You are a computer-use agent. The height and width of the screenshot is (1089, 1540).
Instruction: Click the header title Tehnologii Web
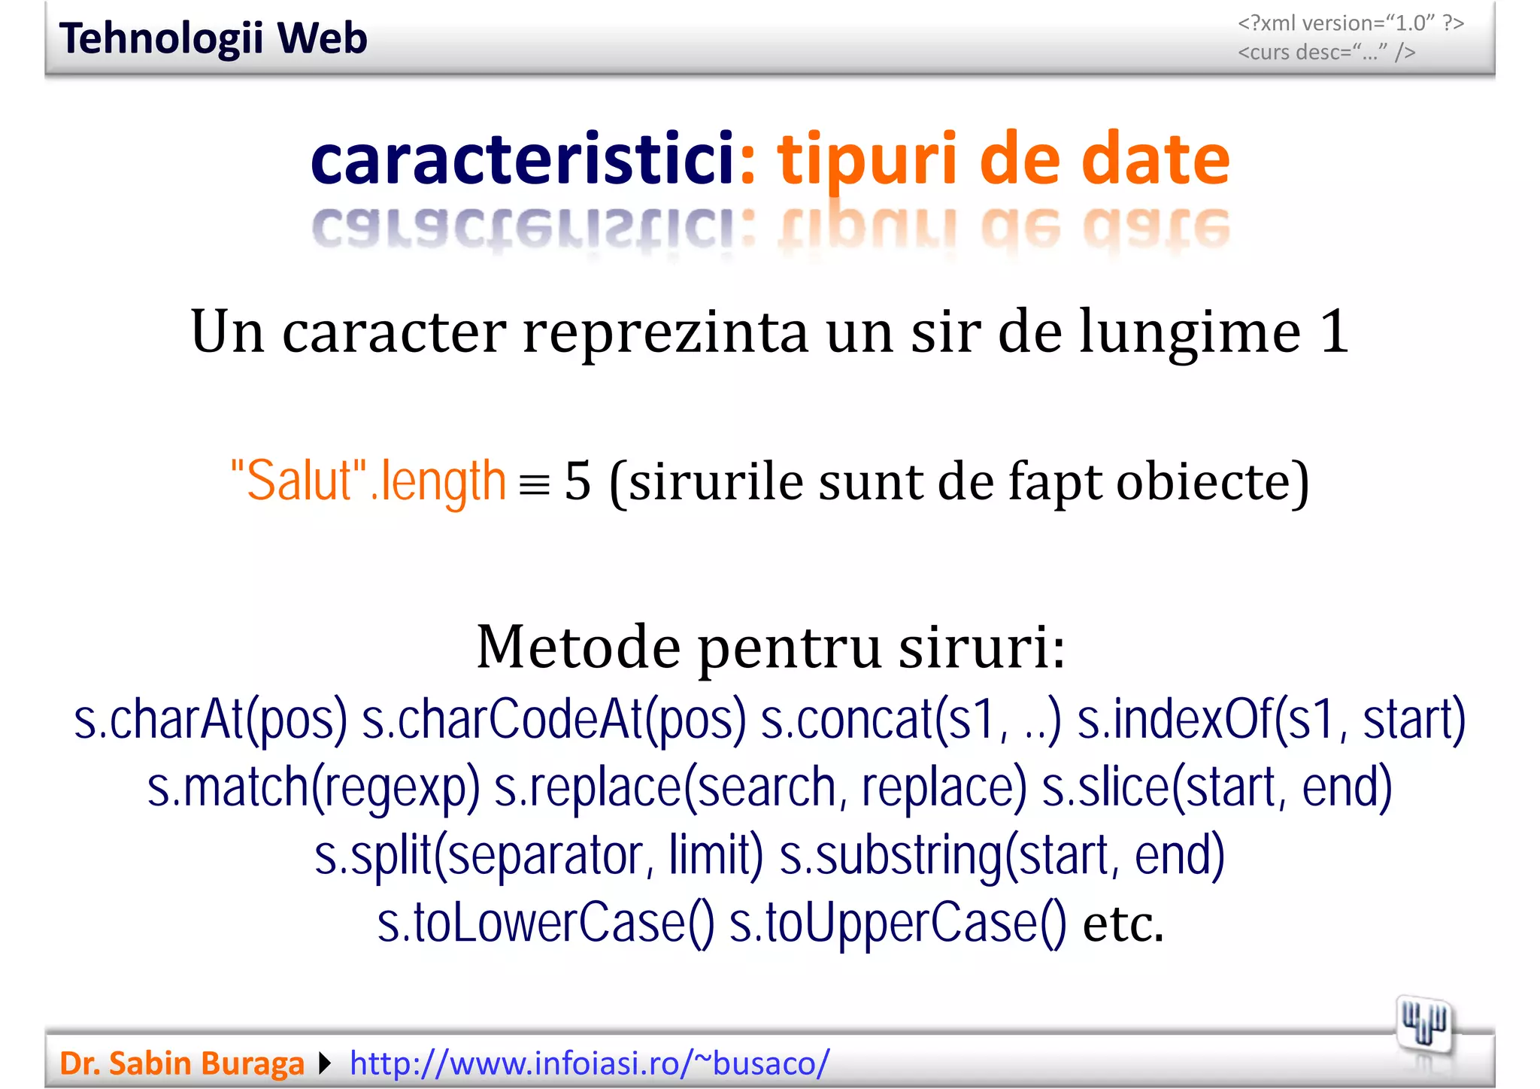coord(213,38)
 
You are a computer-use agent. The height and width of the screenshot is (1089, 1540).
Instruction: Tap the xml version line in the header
coord(1351,23)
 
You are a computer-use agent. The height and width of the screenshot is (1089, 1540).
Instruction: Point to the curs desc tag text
coord(1326,53)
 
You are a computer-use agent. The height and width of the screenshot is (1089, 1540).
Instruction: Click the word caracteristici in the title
coord(523,159)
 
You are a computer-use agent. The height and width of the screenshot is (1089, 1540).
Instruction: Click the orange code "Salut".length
coord(368,481)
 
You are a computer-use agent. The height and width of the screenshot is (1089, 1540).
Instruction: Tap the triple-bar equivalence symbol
coord(535,485)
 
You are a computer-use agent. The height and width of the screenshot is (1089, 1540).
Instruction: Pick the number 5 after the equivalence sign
coord(577,481)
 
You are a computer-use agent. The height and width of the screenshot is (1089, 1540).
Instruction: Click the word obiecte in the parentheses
coord(1211,482)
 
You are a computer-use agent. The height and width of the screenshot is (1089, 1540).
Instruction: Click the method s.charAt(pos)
coord(211,720)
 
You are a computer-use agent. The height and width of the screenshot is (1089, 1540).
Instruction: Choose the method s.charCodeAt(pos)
coord(554,720)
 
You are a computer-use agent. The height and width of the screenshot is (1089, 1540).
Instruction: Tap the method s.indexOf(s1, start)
coord(1272,720)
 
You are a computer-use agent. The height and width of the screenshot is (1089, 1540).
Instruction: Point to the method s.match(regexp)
coord(314,787)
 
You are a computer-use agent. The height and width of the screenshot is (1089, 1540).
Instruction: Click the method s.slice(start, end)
coord(1217,787)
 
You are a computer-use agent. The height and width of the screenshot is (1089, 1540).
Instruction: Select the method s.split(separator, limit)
coord(538,855)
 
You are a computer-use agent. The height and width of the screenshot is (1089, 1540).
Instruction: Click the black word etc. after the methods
coord(1123,924)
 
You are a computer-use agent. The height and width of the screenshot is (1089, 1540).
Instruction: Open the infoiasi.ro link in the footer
coord(590,1063)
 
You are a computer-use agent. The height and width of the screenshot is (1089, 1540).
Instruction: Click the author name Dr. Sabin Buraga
coord(182,1063)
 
